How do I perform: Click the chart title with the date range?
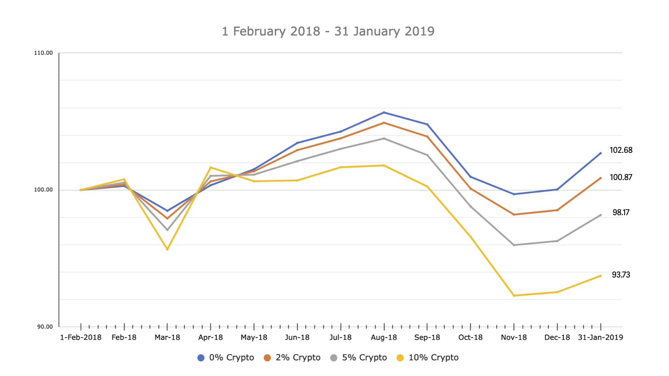[x=328, y=31]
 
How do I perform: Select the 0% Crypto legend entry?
[x=226, y=358]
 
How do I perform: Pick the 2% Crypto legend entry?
[x=292, y=358]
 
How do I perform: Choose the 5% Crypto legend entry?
[x=359, y=358]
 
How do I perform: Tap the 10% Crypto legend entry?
[x=428, y=358]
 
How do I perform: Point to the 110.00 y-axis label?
[x=43, y=53]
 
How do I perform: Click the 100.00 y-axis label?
[x=43, y=190]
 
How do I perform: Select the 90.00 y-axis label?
[x=45, y=327]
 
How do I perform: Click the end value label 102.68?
[x=621, y=150]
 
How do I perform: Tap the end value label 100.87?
[x=621, y=177]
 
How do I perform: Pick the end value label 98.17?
[x=621, y=212]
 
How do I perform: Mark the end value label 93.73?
[x=621, y=275]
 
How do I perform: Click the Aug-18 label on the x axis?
[x=384, y=337]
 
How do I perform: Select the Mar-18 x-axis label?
[x=167, y=337]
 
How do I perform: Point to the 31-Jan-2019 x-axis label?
[x=600, y=337]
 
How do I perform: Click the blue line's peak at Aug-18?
[x=384, y=112]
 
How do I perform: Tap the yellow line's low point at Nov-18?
[x=514, y=296]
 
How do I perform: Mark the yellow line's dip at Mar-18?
[x=167, y=249]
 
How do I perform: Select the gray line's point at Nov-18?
[x=514, y=245]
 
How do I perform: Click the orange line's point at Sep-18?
[x=427, y=136]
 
